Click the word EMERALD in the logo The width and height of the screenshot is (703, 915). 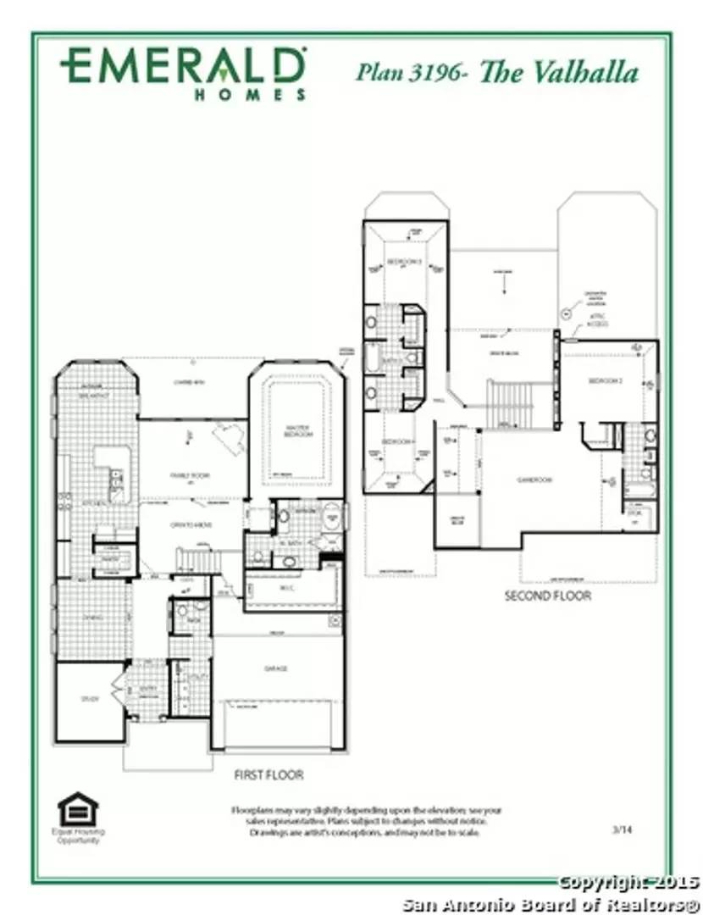tap(182, 66)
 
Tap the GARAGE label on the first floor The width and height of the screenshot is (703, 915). tap(275, 668)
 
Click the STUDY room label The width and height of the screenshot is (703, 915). tap(91, 699)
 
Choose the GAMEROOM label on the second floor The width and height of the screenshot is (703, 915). tap(535, 480)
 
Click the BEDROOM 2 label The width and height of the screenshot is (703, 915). tap(606, 381)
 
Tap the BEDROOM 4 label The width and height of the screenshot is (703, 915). tap(396, 442)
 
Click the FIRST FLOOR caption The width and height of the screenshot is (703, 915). tap(268, 774)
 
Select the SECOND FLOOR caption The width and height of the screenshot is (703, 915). tap(547, 596)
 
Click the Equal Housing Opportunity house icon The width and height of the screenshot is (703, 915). tap(78, 809)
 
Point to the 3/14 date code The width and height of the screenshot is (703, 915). tap(622, 829)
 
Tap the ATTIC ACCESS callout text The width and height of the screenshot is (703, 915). tap(598, 322)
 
